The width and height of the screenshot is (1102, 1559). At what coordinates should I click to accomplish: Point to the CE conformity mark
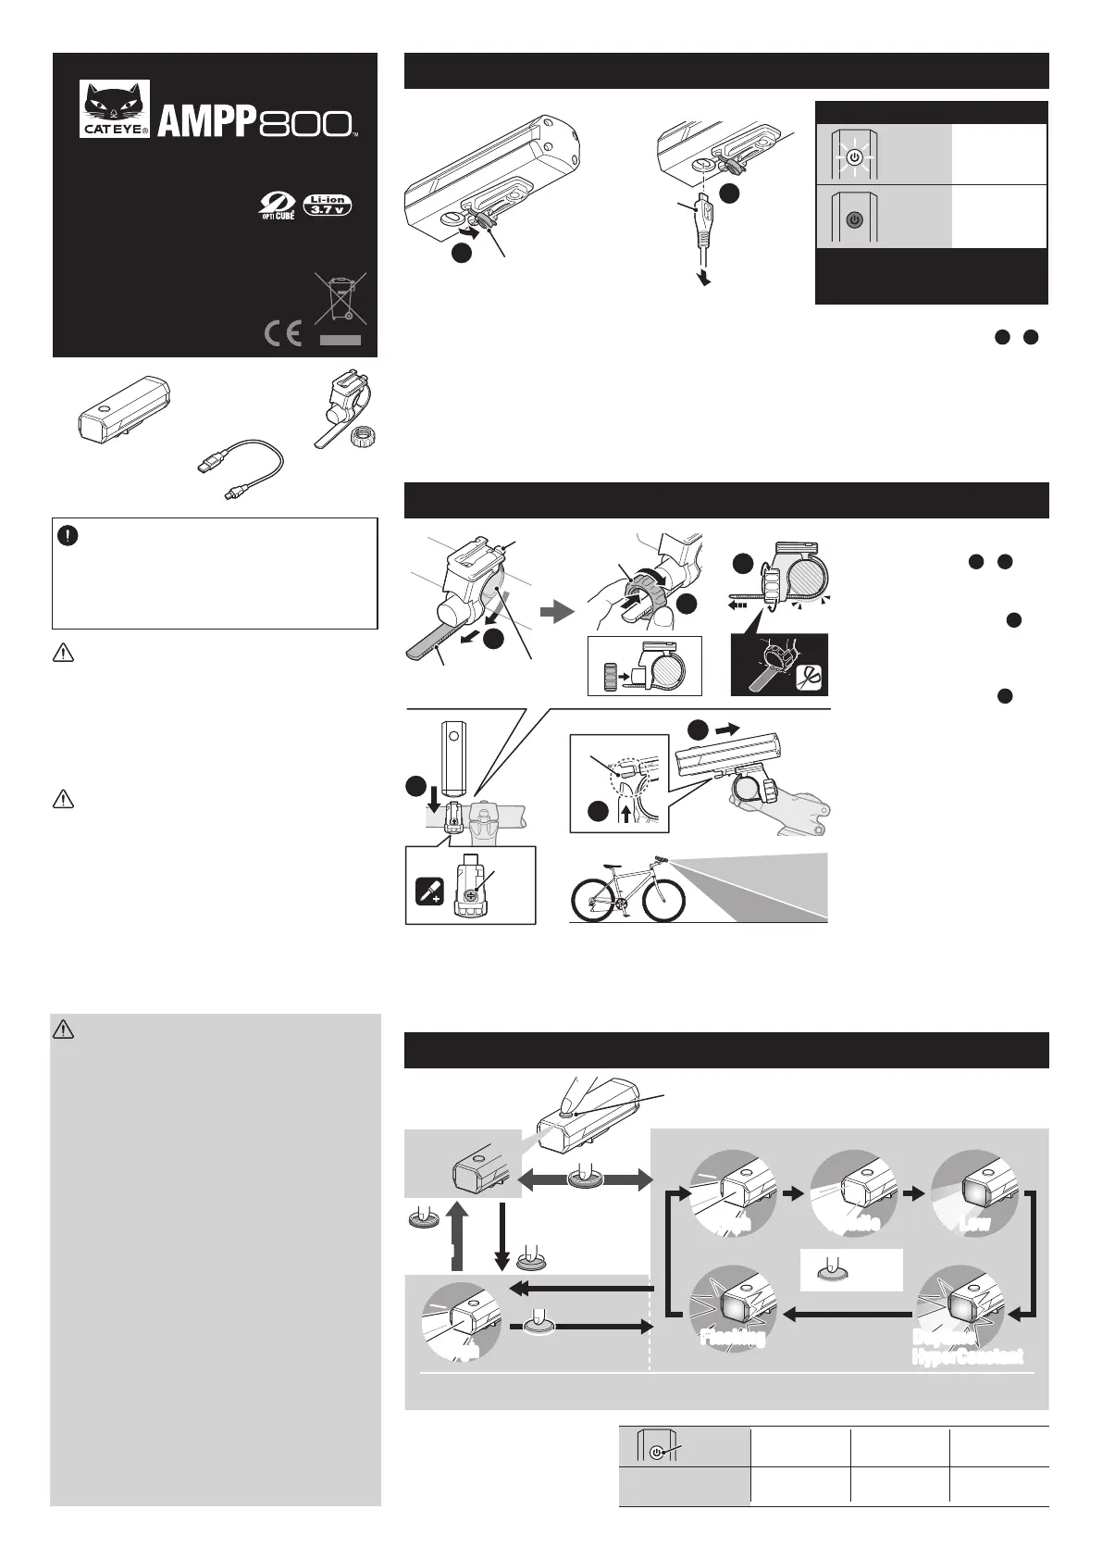tap(282, 334)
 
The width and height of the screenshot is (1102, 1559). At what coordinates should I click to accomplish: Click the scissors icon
tap(809, 676)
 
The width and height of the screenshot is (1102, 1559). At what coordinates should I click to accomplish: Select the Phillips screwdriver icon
tap(428, 891)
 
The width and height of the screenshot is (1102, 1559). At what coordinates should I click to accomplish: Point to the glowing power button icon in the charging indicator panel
tap(855, 157)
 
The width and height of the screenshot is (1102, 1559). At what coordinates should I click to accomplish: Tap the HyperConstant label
tap(967, 1357)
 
